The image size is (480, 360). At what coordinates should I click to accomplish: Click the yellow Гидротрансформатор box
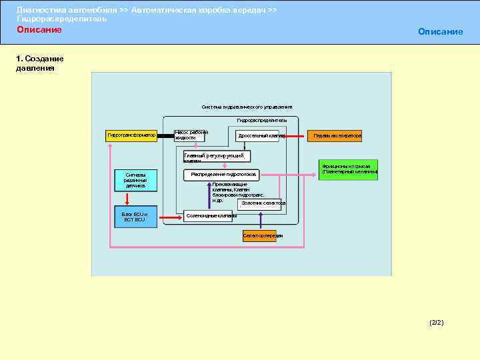point(131,135)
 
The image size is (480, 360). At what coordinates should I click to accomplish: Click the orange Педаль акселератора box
point(335,135)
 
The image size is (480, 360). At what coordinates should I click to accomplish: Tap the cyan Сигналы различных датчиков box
point(135,180)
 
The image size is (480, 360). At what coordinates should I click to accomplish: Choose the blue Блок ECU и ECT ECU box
point(135,217)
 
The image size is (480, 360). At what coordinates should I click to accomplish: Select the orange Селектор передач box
point(262,235)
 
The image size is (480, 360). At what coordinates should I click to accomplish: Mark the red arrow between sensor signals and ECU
point(135,197)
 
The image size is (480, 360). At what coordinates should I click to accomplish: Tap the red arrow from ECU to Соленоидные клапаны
point(170,215)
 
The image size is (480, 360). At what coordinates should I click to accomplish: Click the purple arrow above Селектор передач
point(262,221)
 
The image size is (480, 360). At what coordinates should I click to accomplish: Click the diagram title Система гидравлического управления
point(247,107)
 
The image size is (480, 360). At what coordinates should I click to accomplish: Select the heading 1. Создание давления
point(40,63)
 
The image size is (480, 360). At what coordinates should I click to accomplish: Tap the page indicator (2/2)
point(437,323)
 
